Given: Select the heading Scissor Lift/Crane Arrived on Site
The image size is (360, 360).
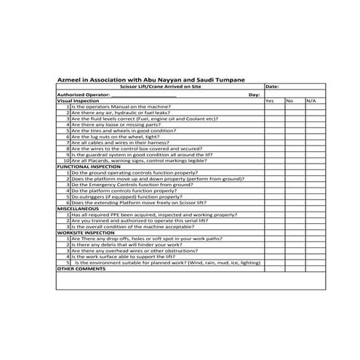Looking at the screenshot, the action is [160, 87].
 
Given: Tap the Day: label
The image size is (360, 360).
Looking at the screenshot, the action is [254, 95].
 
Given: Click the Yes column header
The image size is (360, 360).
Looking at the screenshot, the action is [270, 100].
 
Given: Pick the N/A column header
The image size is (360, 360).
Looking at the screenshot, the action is [311, 100].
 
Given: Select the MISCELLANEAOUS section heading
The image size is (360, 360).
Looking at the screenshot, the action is [78, 209].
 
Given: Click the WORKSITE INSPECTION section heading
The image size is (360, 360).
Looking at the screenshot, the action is [82, 232].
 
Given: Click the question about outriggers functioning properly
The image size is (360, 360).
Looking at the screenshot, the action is [127, 196].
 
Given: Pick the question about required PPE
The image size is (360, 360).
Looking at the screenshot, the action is [153, 215].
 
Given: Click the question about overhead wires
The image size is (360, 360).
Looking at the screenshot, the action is [131, 250].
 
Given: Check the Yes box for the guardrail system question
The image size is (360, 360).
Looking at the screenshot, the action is [274, 154].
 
